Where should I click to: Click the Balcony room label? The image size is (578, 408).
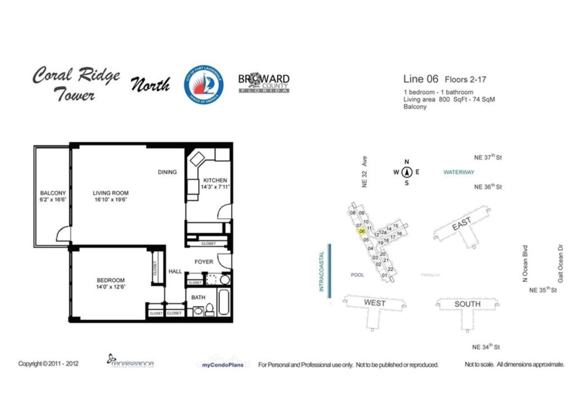pos(53,193)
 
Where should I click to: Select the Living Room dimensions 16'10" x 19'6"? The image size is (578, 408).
pos(110,200)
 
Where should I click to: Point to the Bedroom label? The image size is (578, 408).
pos(110,280)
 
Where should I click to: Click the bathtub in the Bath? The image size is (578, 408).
pos(224,303)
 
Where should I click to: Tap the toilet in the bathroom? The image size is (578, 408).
pos(209,309)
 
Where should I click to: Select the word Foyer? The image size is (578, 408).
pos(203,262)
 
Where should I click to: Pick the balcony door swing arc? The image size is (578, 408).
pos(62,234)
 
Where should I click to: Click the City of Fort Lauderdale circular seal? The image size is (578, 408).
pos(203,84)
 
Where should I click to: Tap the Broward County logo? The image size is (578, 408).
pos(264,83)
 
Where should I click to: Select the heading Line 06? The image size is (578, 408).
pos(421,79)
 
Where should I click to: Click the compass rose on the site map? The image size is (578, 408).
pos(407,172)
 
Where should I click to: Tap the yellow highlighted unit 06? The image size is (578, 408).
pos(362,232)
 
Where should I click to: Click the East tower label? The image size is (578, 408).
pos(461,227)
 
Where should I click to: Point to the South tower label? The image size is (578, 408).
pos(467,304)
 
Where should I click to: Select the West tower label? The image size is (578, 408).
pos(374,303)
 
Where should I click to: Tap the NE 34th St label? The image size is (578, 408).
pos(486,347)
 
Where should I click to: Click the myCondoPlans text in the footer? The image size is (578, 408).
pos(223,365)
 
